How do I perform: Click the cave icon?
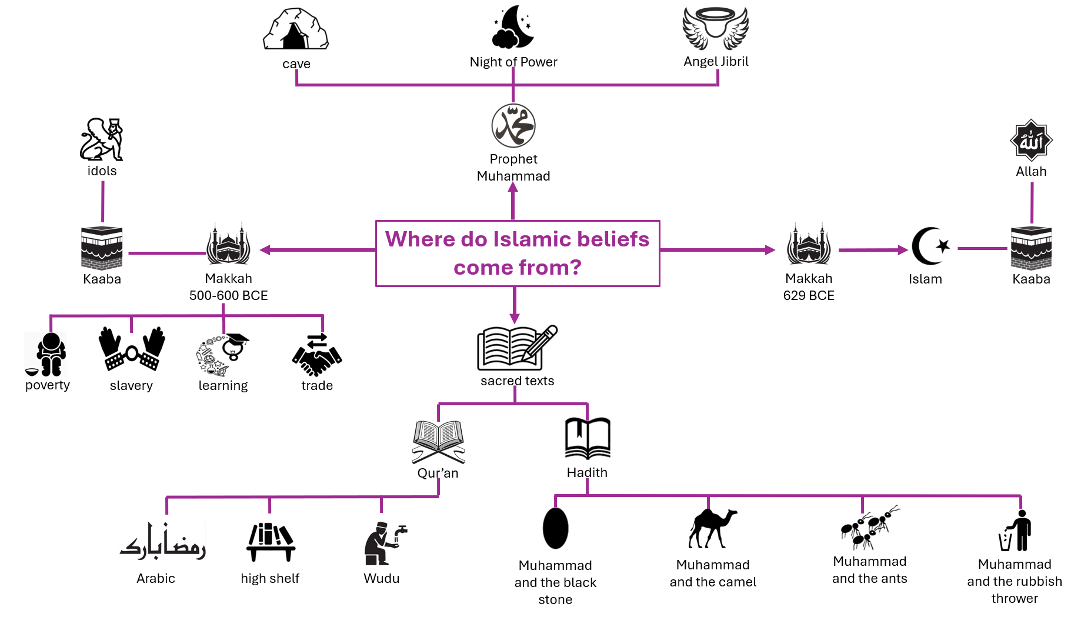click(x=296, y=29)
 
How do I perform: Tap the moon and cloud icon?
click(x=513, y=27)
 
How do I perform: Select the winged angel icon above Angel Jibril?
click(x=716, y=28)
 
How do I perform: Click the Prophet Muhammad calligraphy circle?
click(x=513, y=126)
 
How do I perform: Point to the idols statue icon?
click(x=102, y=139)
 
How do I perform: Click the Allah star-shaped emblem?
click(x=1031, y=140)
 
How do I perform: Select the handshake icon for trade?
click(x=317, y=355)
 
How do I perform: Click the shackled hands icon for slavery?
click(x=132, y=349)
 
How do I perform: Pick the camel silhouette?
click(x=713, y=528)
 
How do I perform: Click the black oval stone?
click(x=555, y=528)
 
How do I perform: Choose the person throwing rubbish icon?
click(x=1015, y=530)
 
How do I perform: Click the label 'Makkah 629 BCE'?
click(x=809, y=287)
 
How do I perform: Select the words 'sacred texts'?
click(x=518, y=381)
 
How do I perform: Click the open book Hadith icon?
click(x=588, y=438)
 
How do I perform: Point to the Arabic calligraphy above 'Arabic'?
click(x=163, y=541)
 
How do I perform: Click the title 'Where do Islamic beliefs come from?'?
click(x=518, y=254)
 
